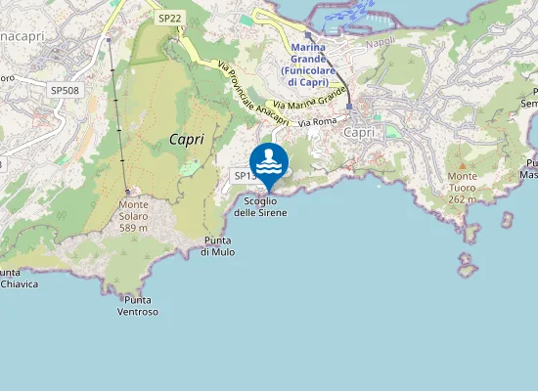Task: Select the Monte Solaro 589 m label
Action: click(x=133, y=210)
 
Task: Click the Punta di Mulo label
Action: click(x=217, y=245)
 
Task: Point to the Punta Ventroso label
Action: click(x=137, y=305)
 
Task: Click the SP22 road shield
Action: click(x=169, y=19)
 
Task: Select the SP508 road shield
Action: click(x=64, y=90)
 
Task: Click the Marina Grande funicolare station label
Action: click(x=322, y=65)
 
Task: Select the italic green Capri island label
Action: click(x=186, y=139)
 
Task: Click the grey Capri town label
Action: click(x=360, y=132)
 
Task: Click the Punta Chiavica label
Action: click(x=17, y=279)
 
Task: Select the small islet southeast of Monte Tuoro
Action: click(x=468, y=267)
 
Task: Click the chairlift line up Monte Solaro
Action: click(x=119, y=117)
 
